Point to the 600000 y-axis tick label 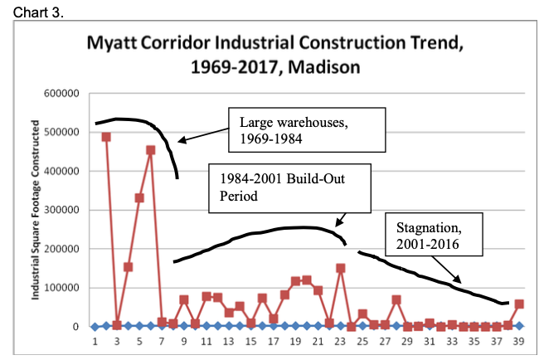tap(61, 94)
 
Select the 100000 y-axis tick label tap(61, 288)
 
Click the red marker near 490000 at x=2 tap(106, 137)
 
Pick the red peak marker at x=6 tap(150, 150)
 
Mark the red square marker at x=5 tap(139, 198)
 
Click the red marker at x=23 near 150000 tap(340, 268)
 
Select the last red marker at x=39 tap(519, 304)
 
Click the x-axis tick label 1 tap(95, 341)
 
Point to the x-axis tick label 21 tap(318, 341)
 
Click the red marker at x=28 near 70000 tap(396, 299)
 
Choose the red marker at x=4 tap(129, 267)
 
